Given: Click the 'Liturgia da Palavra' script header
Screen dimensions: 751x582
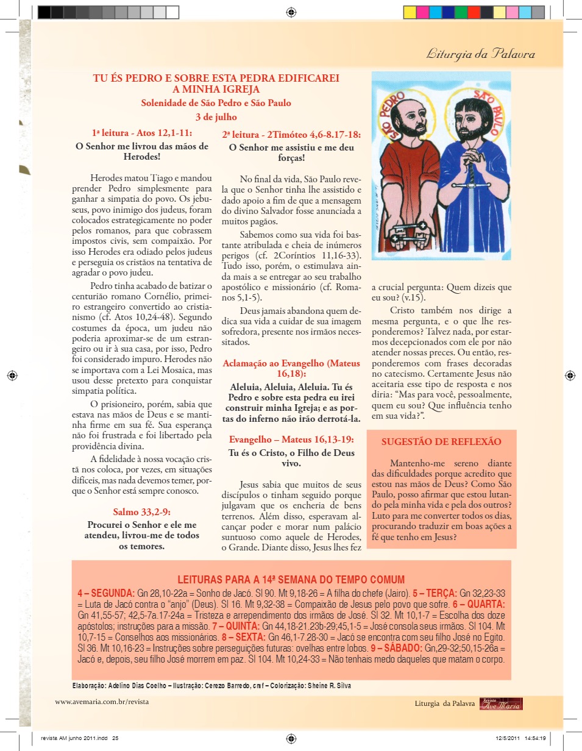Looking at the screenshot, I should pos(481,54).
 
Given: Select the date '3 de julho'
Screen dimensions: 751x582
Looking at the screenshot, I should pos(216,117).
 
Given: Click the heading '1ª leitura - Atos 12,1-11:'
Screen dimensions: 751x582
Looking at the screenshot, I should pos(141,132).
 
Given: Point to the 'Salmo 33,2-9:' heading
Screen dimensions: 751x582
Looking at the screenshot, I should pos(141,511).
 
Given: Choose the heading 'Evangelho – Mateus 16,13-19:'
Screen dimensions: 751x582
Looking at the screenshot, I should pos(291,439).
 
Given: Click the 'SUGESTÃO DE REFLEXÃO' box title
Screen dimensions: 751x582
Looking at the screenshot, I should pos(441,442).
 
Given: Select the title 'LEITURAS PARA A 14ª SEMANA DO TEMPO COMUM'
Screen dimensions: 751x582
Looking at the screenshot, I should pos(291,580).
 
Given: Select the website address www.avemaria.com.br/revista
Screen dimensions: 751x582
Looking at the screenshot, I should pos(102,702).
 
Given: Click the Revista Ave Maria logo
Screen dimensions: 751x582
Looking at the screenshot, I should pos(501,703).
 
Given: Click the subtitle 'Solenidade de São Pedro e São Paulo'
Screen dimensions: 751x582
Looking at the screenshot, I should pos(216,103).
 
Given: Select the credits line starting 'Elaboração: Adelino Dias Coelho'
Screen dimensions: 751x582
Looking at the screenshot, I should pos(211,685).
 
